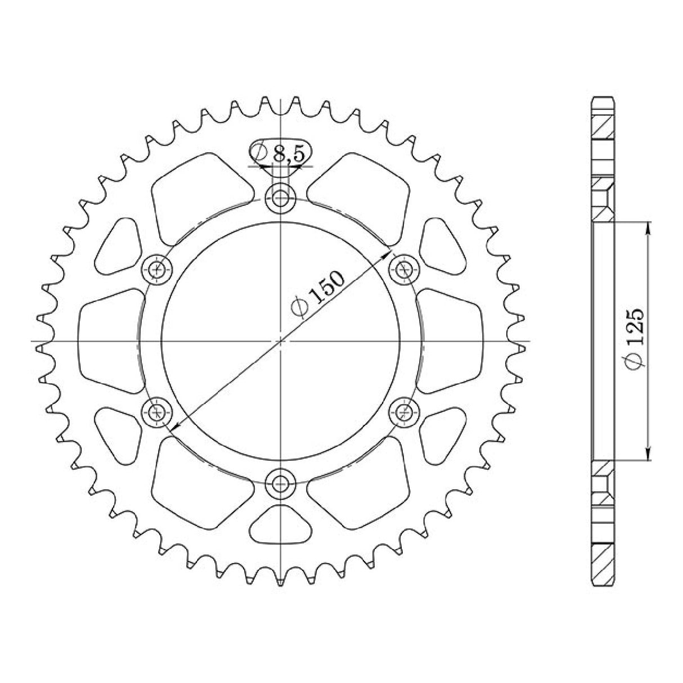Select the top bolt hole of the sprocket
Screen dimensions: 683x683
pos(281,199)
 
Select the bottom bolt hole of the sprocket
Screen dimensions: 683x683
pos(281,484)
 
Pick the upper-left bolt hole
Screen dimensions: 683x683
pos(156,269)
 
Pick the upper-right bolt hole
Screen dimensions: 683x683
pos(405,269)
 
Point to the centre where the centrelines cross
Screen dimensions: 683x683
pos(281,341)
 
